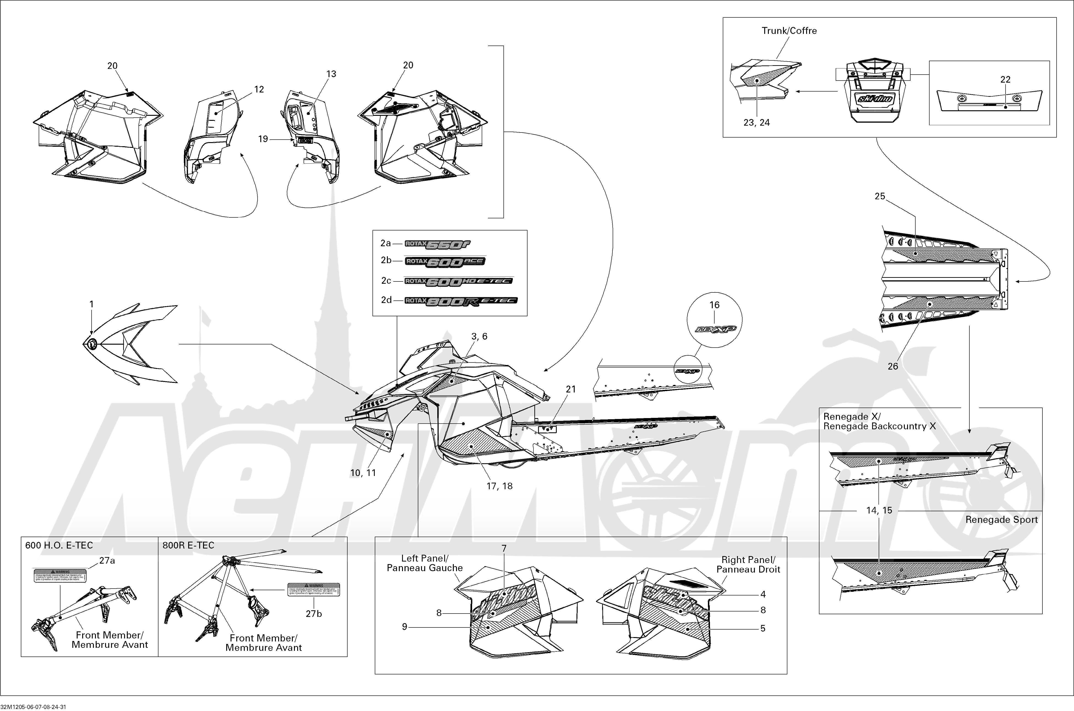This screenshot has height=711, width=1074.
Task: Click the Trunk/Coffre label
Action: tap(789, 31)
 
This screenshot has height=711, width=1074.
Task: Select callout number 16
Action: tap(714, 305)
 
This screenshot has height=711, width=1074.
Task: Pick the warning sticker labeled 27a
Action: tap(60, 576)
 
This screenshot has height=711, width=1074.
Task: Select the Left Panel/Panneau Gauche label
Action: tap(425, 563)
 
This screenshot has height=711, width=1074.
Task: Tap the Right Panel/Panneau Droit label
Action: tap(748, 565)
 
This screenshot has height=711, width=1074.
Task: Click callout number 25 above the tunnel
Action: tap(880, 196)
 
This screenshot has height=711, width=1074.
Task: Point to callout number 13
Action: tap(331, 74)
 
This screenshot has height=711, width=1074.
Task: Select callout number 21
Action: tap(571, 389)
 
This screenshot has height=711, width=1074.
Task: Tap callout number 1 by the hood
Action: tap(92, 304)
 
